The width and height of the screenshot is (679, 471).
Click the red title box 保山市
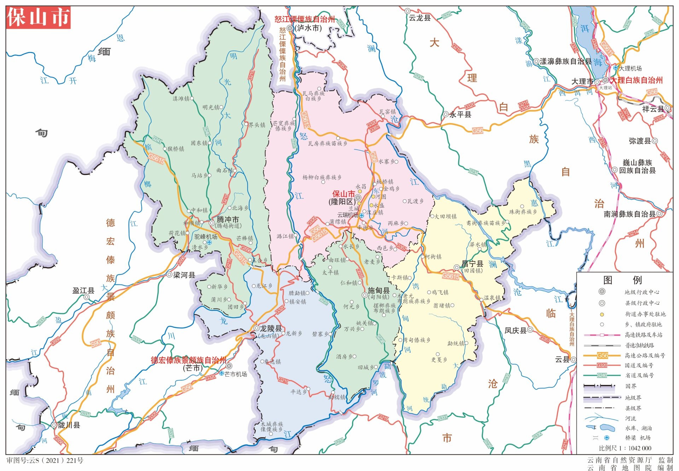[38, 17]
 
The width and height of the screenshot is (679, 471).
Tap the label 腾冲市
[228, 219]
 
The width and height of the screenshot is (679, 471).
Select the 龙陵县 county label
[271, 328]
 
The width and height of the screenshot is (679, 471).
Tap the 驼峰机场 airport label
[205, 237]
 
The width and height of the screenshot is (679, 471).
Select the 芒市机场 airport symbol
[222, 373]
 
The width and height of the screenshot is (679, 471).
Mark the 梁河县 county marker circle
[169, 275]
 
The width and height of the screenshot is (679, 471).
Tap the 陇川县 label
[69, 425]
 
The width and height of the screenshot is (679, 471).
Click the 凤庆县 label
[515, 330]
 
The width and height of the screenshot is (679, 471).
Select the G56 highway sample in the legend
[602, 355]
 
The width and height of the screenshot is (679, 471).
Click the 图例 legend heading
[622, 280]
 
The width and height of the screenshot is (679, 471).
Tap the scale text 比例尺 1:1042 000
[625, 448]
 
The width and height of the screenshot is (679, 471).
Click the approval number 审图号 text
[45, 460]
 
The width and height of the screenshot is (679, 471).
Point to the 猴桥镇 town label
[176, 149]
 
